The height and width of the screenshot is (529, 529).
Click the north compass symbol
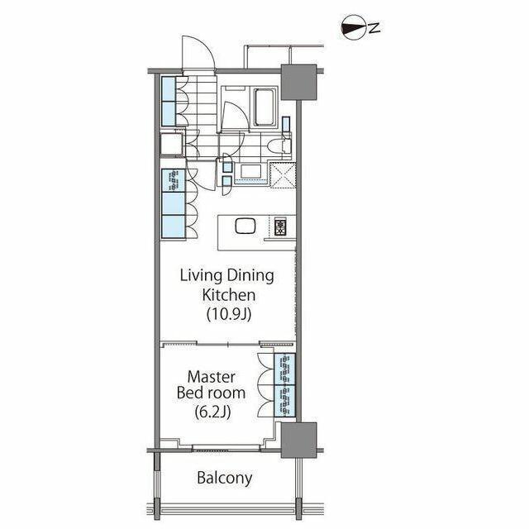[354, 28]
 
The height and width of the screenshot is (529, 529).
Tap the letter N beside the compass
[374, 28]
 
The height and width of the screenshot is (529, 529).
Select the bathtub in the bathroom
[264, 107]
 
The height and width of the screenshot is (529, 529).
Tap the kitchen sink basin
[245, 226]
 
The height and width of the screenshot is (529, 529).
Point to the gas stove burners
[280, 226]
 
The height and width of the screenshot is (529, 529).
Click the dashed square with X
[283, 175]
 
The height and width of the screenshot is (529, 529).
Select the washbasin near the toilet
[250, 171]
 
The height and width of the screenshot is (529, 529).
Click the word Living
[201, 276]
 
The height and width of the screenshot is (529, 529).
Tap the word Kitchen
[228, 295]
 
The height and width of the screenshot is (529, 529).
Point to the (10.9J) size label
[229, 314]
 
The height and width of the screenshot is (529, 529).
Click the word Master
[212, 377]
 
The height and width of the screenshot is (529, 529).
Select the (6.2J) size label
[212, 412]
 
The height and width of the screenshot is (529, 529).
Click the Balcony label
[224, 478]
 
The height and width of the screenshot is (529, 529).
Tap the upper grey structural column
[298, 82]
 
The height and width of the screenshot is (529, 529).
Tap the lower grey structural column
[298, 440]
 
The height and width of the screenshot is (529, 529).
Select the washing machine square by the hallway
[172, 144]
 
